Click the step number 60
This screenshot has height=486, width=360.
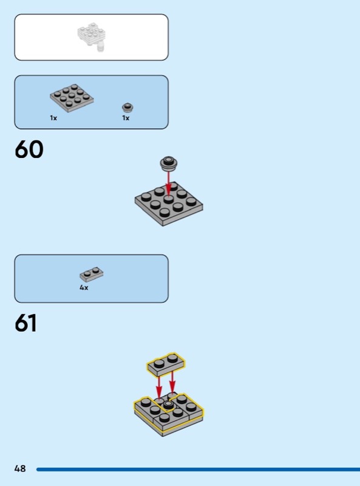coord(29,149)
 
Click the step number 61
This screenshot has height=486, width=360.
coord(25,323)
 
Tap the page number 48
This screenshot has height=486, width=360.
coord(20,468)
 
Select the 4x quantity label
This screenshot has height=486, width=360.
coord(84,287)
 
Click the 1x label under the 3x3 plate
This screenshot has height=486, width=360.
coord(53,118)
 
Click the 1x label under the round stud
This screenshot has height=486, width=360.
coord(126,118)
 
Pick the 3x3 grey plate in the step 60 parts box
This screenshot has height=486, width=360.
coord(72,98)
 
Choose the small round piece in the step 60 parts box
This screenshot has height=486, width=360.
coord(127,108)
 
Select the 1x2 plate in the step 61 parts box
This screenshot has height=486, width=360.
coord(92,274)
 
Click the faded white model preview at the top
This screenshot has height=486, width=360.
coord(92,36)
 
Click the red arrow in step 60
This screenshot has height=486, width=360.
coord(168,183)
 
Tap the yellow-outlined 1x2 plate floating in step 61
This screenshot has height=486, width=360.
coord(166,364)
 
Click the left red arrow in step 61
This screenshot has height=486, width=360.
coord(158,387)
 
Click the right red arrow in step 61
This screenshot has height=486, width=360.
coord(172,383)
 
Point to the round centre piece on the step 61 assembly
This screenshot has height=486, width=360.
coord(168,404)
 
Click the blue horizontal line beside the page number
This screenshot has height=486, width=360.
coord(199,469)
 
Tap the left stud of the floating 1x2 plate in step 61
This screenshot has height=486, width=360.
coord(159,363)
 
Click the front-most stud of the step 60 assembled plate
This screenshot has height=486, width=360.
coord(165,211)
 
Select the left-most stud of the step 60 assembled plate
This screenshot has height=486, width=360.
coord(146,197)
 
